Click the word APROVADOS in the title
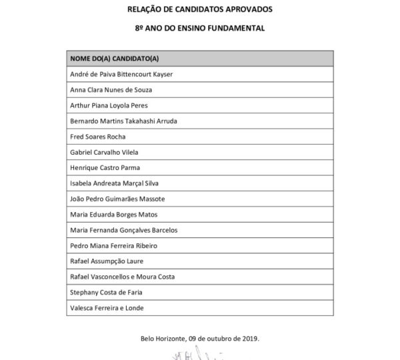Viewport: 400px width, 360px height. click(x=247, y=10)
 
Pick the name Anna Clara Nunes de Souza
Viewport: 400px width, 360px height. click(x=111, y=90)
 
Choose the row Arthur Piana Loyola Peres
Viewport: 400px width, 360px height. click(x=109, y=105)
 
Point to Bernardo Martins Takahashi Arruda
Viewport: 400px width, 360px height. click(x=123, y=121)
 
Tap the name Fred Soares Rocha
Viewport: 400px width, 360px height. click(x=97, y=137)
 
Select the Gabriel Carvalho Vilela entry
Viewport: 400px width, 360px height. click(x=104, y=152)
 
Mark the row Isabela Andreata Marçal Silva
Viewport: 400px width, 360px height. click(x=116, y=183)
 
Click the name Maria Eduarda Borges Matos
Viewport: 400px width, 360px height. click(x=114, y=215)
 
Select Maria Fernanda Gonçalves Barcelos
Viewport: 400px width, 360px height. click(x=125, y=230)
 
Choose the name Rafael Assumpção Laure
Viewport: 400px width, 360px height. click(x=107, y=261)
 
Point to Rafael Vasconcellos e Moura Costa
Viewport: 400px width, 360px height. click(x=125, y=277)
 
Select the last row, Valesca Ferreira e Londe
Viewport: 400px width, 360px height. click(x=107, y=308)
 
